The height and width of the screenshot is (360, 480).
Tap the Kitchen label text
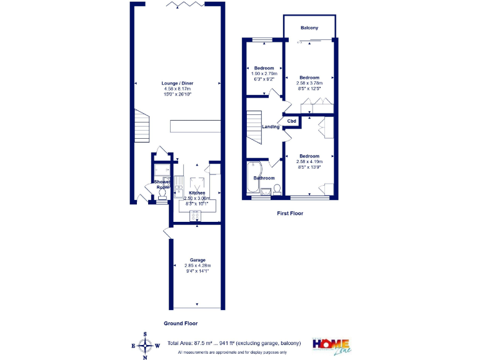click(196, 193)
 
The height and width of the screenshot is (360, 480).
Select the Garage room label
click(197, 260)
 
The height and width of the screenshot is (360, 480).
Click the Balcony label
click(309, 28)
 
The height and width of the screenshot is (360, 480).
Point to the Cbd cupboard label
click(291, 121)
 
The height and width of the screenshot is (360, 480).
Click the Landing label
click(271, 127)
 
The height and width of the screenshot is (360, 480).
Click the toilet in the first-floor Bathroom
click(276, 189)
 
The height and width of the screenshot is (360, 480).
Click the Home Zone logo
click(331, 346)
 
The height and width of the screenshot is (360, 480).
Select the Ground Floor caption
click(181, 323)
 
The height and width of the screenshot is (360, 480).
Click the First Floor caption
click(290, 213)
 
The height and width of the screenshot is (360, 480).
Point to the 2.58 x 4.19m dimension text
click(309, 162)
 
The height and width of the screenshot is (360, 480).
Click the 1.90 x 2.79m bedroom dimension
click(263, 74)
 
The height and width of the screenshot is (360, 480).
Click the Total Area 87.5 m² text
click(234, 343)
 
